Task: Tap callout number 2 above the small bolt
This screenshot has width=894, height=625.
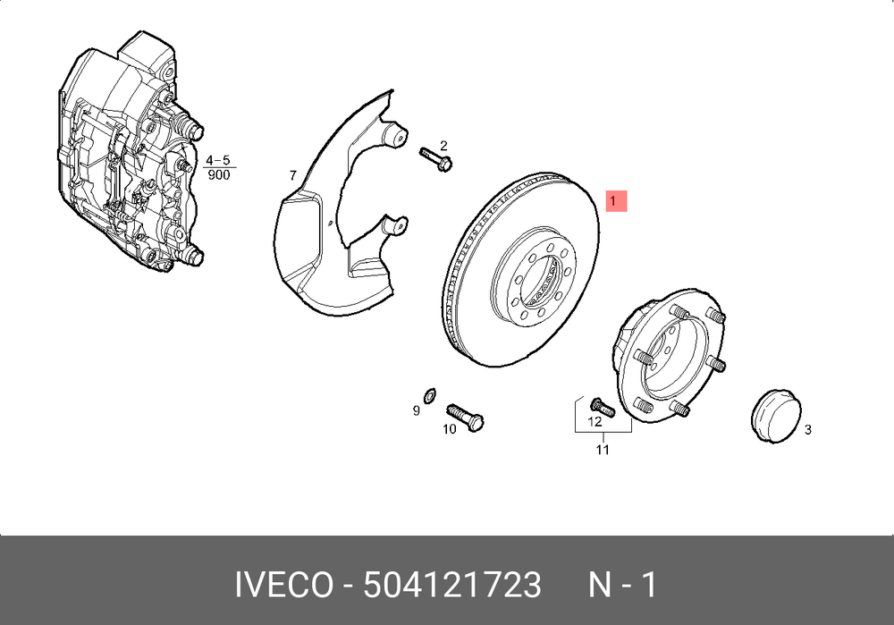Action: pos(443,147)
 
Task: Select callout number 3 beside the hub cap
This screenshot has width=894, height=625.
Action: pos(807,429)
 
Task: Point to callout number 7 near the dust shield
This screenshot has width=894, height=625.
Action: pos(292,175)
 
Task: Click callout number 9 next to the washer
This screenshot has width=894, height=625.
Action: pos(417,410)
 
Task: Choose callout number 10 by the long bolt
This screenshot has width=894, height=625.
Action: pos(450,429)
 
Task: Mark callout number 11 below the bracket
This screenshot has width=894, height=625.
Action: pos(603,450)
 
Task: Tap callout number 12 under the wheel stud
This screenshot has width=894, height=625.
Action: pos(595,421)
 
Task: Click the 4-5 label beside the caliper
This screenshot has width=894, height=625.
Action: pos(218,160)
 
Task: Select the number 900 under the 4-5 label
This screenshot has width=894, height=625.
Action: pos(219,175)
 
